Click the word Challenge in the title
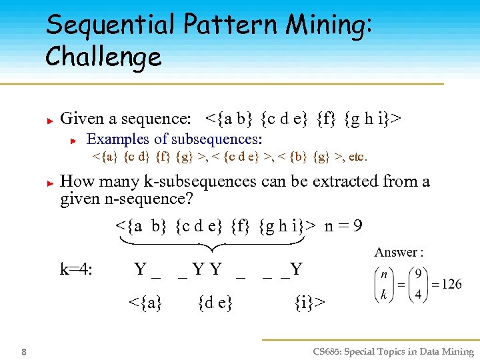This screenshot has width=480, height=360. click(x=103, y=57)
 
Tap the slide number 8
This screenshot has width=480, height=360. click(x=23, y=352)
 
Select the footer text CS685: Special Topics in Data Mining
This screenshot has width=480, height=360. click(x=392, y=352)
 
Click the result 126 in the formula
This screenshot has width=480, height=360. click(x=451, y=284)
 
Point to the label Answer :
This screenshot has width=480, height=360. click(x=399, y=252)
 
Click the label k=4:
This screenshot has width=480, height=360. click(x=76, y=269)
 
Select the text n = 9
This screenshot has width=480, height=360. click(x=343, y=225)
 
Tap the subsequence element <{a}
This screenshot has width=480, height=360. click(x=145, y=302)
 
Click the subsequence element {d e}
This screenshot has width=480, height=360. click(x=215, y=302)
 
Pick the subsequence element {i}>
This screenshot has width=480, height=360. click(x=309, y=302)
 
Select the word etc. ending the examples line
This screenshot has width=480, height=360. click(x=356, y=157)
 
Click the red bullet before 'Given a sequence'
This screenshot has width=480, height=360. click(x=49, y=121)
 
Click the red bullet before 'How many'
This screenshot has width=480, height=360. click(x=49, y=183)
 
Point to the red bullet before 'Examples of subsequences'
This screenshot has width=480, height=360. click(x=76, y=141)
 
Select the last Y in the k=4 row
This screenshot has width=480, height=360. click(x=297, y=269)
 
